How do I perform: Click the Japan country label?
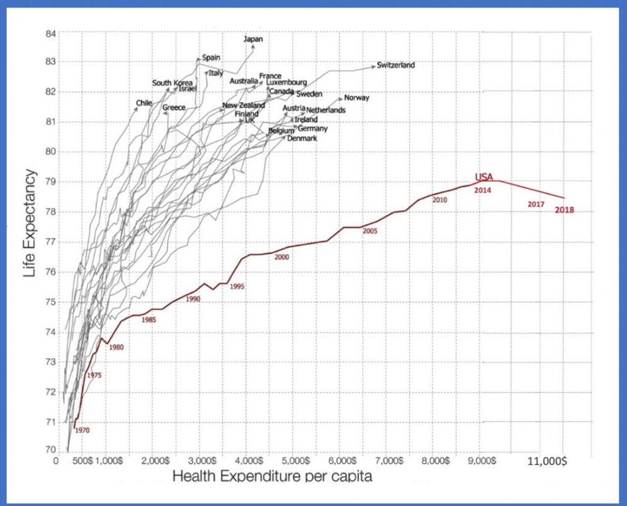point(253,39)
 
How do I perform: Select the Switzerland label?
point(396,65)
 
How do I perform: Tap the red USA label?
point(484,178)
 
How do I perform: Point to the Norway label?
point(356,98)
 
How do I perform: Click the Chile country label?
point(144,103)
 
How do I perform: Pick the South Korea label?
point(172,83)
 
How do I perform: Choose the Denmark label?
point(302,138)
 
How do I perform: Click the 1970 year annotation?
point(82,430)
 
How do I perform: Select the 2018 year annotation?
point(565,210)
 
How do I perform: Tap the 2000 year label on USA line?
point(281,257)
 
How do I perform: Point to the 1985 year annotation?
point(149,320)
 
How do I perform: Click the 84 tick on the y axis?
point(50,33)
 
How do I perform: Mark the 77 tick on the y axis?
point(50,242)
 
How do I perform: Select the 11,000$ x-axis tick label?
point(546,461)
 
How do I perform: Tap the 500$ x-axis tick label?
point(82,461)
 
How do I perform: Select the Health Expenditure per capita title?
point(272,476)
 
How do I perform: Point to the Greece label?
point(174,108)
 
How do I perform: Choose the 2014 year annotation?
point(483,190)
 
